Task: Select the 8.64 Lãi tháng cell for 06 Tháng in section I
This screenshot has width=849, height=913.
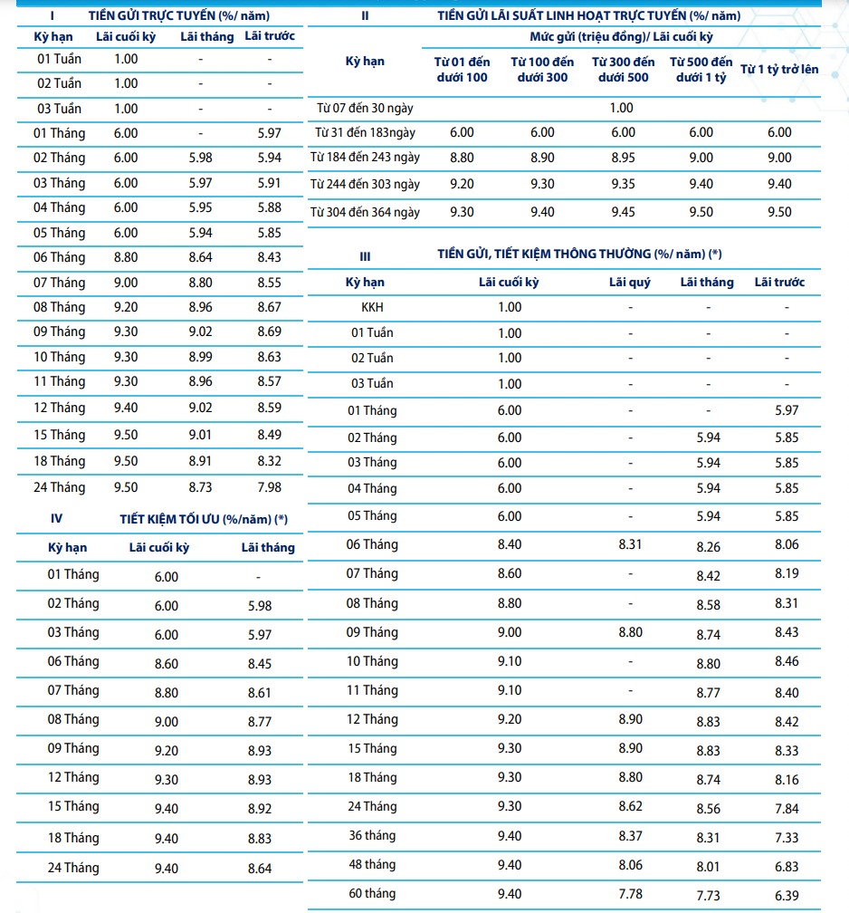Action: tap(200, 257)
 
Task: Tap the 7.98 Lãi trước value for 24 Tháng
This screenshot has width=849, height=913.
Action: tap(269, 487)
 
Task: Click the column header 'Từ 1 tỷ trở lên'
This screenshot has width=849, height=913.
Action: tap(779, 69)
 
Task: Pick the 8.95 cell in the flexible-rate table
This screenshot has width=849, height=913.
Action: tap(623, 158)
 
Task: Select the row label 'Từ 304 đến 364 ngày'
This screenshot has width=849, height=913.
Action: tap(365, 212)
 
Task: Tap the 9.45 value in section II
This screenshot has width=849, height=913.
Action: tap(623, 212)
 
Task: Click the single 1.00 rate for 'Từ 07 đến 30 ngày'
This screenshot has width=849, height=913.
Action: tap(622, 108)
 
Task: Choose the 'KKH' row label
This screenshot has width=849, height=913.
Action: tap(372, 307)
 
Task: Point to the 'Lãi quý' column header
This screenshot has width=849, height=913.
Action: tap(630, 283)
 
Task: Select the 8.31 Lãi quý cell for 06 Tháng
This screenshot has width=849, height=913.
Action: tap(630, 544)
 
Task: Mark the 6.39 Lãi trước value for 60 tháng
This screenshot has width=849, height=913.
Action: tap(787, 894)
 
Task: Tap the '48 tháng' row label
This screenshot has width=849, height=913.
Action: tap(372, 864)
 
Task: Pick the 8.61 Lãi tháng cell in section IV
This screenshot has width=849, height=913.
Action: tap(260, 692)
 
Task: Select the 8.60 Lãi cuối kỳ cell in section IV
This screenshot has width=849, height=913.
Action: tap(167, 663)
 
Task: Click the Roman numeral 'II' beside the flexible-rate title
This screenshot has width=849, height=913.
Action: tap(365, 16)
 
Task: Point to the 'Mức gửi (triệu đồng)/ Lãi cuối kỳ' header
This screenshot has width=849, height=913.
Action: tap(622, 37)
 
